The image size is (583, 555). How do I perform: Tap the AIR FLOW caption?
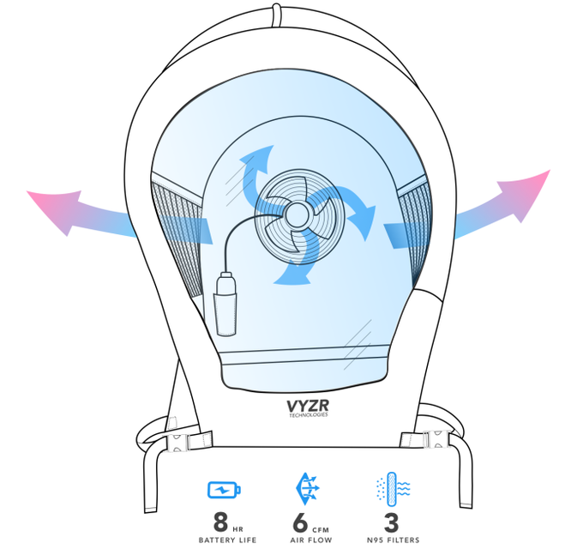pos(308,540)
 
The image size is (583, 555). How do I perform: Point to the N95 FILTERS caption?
pos(394,540)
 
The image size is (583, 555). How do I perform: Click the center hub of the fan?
pos(297,213)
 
